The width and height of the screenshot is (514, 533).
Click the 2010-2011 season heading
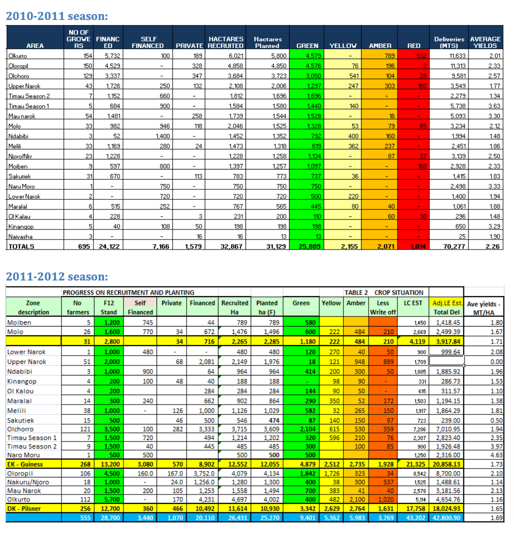pyautogui.click(x=56, y=16)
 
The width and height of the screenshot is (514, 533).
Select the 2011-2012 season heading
pyautogui.click(x=56, y=276)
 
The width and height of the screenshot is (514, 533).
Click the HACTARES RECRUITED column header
pyautogui.click(x=226, y=42)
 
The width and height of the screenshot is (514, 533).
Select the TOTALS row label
pyautogui.click(x=21, y=246)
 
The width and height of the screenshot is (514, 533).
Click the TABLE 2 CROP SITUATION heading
pyautogui.click(x=383, y=292)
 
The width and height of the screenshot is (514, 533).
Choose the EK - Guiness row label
pyautogui.click(x=25, y=464)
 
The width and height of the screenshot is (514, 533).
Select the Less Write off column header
pyautogui.click(x=382, y=307)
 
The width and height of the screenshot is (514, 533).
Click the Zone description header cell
pyautogui.click(x=33, y=307)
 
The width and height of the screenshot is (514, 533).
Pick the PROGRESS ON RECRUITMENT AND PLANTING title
pyautogui.click(x=128, y=292)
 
